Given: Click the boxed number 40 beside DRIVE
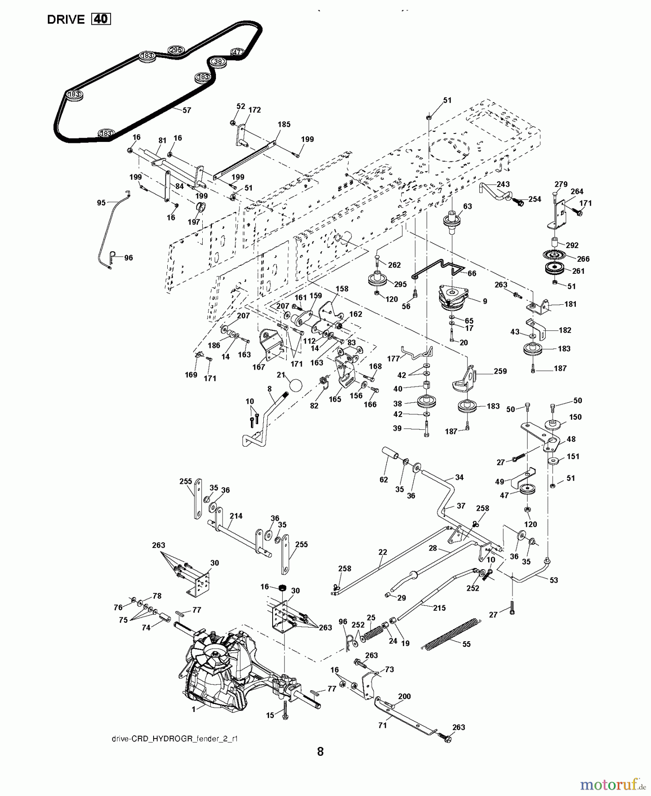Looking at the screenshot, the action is (x=101, y=19).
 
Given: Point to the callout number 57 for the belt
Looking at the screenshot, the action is (x=187, y=110).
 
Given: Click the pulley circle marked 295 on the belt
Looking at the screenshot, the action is (x=176, y=50).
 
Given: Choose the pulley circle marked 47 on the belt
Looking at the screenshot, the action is (x=237, y=52).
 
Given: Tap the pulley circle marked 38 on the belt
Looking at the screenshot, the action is (x=217, y=61).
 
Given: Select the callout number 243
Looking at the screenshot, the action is (x=503, y=184).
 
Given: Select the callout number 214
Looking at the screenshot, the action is (x=236, y=516).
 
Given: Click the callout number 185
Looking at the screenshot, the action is (x=284, y=124).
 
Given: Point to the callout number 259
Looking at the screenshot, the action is (x=500, y=371).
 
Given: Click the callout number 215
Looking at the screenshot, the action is (x=439, y=608).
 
